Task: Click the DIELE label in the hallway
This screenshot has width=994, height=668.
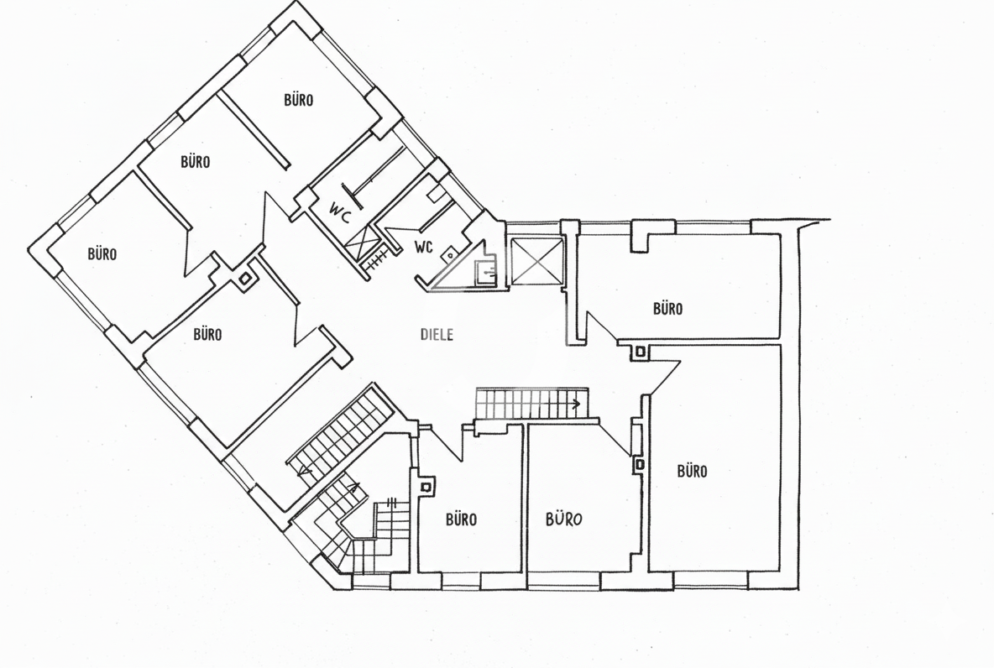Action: coord(437,334)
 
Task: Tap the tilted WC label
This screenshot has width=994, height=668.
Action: coord(340,212)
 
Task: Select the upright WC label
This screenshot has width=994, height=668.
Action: coord(423,247)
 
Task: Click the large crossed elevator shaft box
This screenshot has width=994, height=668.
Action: coord(536,261)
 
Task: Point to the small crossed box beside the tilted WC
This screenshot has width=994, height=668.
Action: coord(361,242)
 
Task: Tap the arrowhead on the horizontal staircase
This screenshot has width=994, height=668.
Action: coord(576,403)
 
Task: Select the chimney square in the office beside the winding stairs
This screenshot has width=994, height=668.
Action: coord(426,487)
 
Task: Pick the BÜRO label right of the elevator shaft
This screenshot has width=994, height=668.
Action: coord(667,309)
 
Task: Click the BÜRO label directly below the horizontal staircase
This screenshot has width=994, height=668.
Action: coord(563,519)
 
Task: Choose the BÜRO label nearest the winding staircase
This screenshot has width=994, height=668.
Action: coord(461,519)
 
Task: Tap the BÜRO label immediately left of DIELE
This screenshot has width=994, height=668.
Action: coord(207,334)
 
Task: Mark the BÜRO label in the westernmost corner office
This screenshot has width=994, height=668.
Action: coord(102,254)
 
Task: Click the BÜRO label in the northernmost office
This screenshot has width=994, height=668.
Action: coord(298,100)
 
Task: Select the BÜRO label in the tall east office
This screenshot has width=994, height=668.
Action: coord(692,472)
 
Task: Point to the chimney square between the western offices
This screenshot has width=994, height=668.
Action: coord(244,279)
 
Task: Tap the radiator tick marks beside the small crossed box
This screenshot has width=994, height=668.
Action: coord(379,259)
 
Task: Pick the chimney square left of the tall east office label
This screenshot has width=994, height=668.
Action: coord(640,465)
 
